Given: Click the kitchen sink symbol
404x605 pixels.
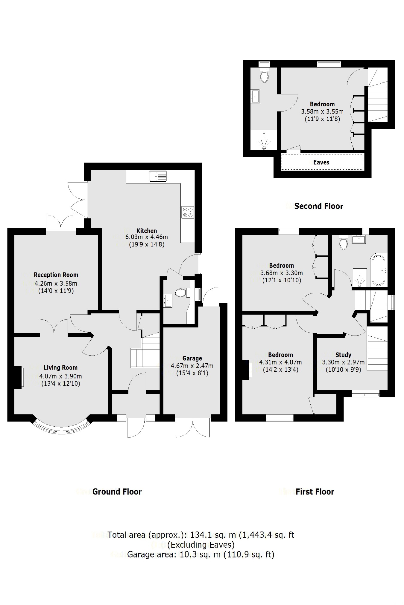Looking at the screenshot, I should [x=158, y=176].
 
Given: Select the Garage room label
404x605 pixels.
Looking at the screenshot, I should [x=192, y=358].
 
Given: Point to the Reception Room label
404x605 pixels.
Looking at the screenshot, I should [x=56, y=275].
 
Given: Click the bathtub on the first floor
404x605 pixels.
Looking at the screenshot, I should [x=379, y=270].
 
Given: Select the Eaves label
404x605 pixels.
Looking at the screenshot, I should [x=321, y=162].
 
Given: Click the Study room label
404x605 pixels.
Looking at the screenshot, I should [x=343, y=355].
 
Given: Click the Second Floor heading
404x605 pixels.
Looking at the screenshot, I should [x=318, y=206].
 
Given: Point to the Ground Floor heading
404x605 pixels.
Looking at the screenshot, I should [x=117, y=492].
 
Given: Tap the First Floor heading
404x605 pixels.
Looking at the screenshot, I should [x=315, y=492].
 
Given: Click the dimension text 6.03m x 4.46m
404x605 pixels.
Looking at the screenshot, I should [x=146, y=237].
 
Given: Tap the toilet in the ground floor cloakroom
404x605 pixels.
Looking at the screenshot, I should [x=180, y=292].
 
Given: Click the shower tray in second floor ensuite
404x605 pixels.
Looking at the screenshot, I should [x=264, y=140].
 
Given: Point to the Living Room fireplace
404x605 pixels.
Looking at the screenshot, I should [x=18, y=377].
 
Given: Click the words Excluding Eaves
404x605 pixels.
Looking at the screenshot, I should [x=201, y=545].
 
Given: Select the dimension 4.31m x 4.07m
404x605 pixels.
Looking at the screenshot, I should [x=280, y=362].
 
